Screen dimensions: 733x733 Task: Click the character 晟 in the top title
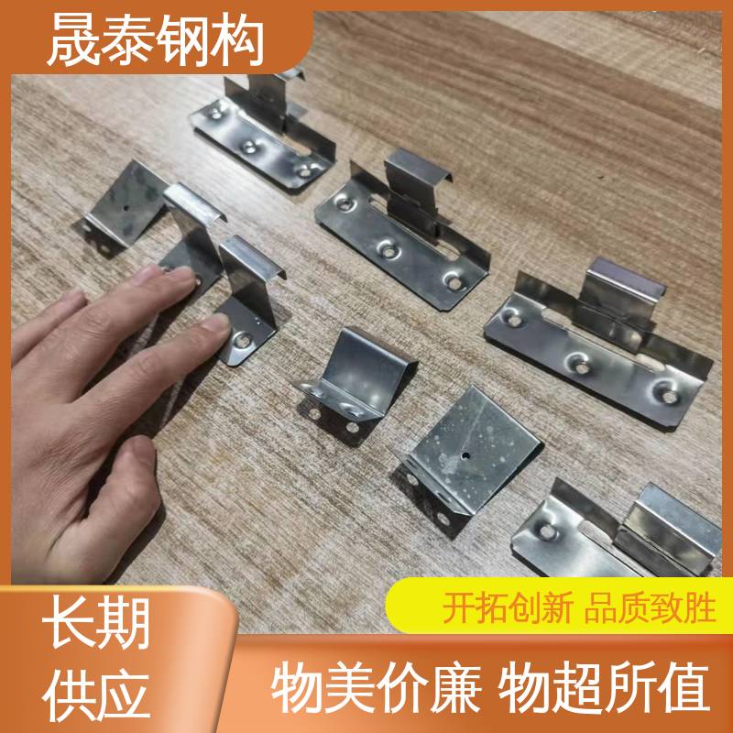[x=73, y=39]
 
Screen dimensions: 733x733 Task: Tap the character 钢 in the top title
[x=181, y=39]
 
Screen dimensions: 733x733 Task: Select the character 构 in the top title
[x=236, y=39]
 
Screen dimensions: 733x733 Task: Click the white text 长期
[x=96, y=623]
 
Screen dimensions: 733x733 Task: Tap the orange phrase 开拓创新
[x=508, y=607]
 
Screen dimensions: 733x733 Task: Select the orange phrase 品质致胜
[x=651, y=607]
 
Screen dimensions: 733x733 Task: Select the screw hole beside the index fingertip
[x=242, y=340]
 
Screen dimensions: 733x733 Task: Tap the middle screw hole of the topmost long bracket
[x=248, y=147]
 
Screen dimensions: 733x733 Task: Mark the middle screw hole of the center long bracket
[x=388, y=251]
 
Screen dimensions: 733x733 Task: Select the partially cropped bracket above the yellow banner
[x=617, y=533]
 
